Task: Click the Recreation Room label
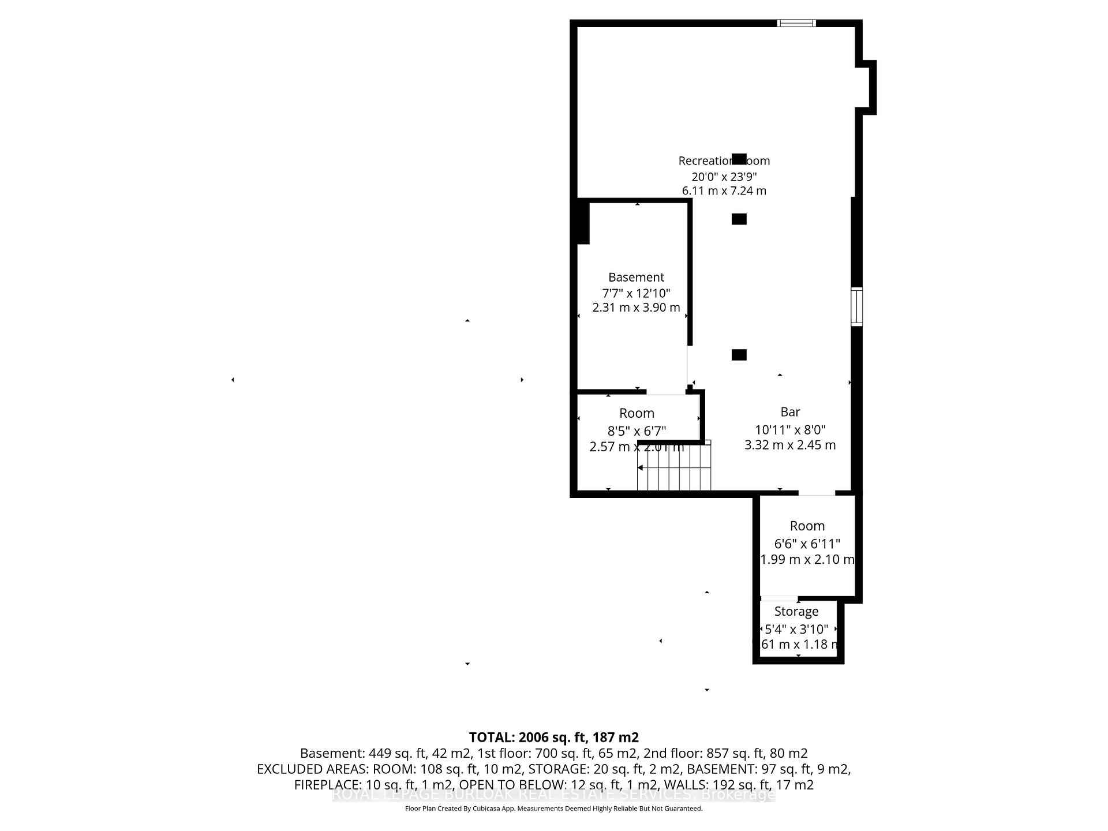pos(724,161)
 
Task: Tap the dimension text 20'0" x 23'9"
pos(724,177)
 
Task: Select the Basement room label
pos(636,278)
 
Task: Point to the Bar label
pos(790,412)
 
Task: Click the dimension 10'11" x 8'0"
pos(790,430)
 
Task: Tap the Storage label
pos(796,612)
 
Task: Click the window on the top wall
pos(796,24)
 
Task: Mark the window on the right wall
pos(857,306)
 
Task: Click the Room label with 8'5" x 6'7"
pos(637,414)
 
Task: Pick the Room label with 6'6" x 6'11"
pos(807,526)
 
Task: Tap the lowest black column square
pos(739,355)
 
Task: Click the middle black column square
pos(739,219)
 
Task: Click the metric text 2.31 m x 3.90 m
pos(636,308)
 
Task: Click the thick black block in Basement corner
pos(582,222)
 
